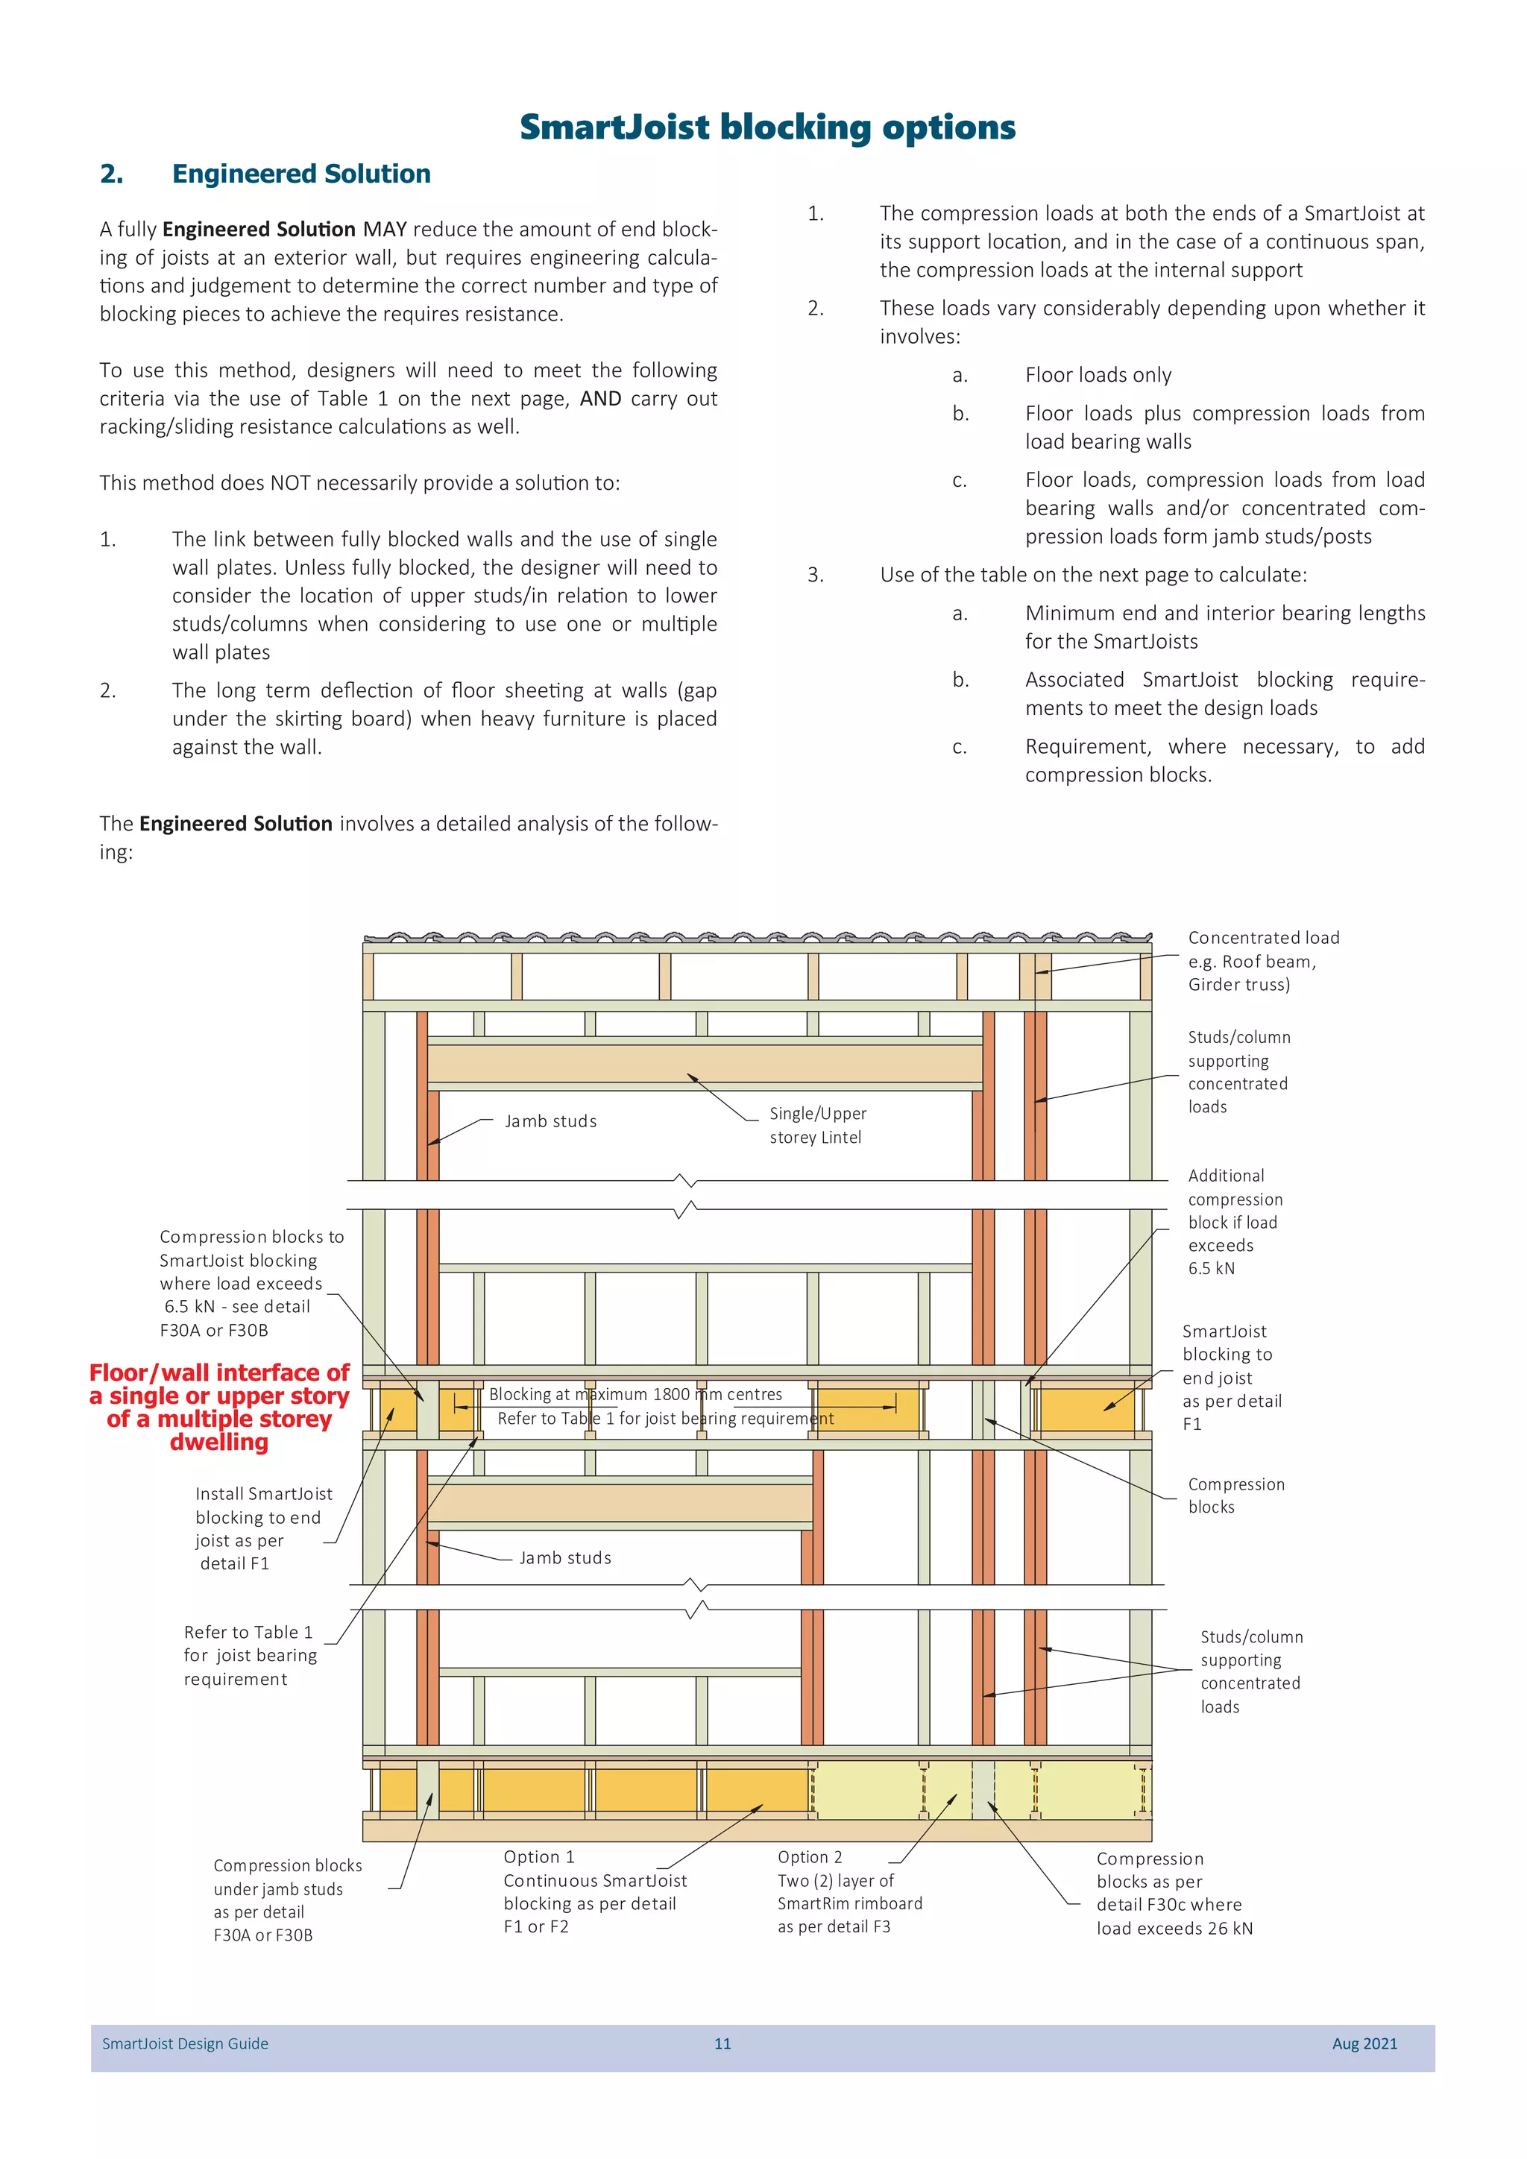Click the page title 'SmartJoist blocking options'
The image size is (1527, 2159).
pyautogui.click(x=767, y=127)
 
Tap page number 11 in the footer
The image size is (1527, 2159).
pyautogui.click(x=722, y=2043)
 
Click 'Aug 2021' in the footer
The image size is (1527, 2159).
pyautogui.click(x=1364, y=2043)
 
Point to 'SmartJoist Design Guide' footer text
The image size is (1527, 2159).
pyautogui.click(x=185, y=2043)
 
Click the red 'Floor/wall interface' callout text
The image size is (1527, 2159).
pyautogui.click(x=219, y=1406)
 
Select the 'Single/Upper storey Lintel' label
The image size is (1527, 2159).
pyautogui.click(x=817, y=1125)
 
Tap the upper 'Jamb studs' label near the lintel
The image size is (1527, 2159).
pyautogui.click(x=550, y=1121)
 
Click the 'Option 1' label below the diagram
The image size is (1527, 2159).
pyautogui.click(x=539, y=1857)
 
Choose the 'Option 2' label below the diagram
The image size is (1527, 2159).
pyautogui.click(x=810, y=1857)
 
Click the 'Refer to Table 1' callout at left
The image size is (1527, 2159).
pyautogui.click(x=249, y=1655)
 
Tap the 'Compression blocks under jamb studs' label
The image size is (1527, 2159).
pyautogui.click(x=287, y=1900)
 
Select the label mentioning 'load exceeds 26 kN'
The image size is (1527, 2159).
pyautogui.click(x=1174, y=1893)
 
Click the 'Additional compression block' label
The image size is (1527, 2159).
pyautogui.click(x=1234, y=1221)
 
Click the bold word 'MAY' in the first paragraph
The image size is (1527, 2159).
pyautogui.click(x=385, y=230)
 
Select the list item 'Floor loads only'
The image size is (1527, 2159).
pyautogui.click(x=1098, y=375)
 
